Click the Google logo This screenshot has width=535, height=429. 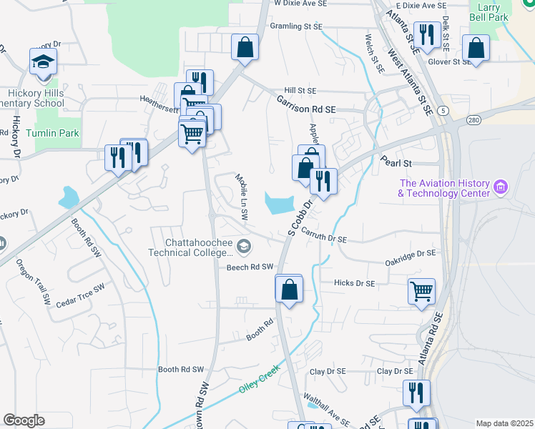pos(24,420)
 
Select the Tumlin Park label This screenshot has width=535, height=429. pos(53,133)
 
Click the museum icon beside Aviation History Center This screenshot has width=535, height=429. pos(501,188)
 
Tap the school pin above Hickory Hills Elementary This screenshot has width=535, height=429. pos(44,63)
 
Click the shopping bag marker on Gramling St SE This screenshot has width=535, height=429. pos(245,48)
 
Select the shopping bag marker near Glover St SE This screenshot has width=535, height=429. pos(476,49)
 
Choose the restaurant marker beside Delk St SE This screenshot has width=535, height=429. pos(427,35)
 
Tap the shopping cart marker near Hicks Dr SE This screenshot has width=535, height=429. pos(421,292)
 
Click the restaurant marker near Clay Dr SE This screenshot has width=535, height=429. pos(416,393)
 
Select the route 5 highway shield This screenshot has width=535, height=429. pos(444,110)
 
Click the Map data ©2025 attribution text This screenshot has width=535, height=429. pos(504,423)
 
